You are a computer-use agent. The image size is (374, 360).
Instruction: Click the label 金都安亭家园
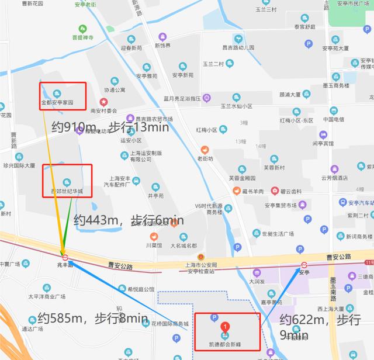pyautogui.click(x=57, y=102)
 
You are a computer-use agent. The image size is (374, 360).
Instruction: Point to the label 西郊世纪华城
pyautogui.click(x=66, y=191)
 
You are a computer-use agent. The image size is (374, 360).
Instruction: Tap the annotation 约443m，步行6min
pyautogui.click(x=129, y=220)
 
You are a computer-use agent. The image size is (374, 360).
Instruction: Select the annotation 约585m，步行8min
pyautogui.click(x=92, y=319)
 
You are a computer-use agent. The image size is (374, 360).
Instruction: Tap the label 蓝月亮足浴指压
pyautogui.click(x=182, y=98)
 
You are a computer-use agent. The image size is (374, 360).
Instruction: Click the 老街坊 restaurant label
pyautogui.click(x=205, y=158)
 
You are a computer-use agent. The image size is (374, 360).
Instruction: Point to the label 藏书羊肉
pyautogui.click(x=252, y=191)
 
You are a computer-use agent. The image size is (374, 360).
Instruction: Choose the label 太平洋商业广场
pyautogui.click(x=47, y=296)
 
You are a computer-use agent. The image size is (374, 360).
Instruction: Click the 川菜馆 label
pyautogui.click(x=154, y=245)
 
